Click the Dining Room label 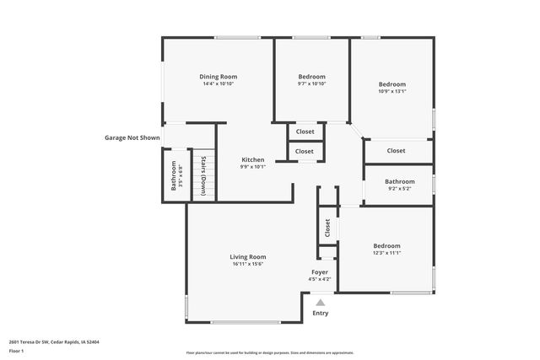tap(218, 77)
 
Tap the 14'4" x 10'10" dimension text tap(218, 84)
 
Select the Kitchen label tap(253, 159)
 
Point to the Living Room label tap(248, 256)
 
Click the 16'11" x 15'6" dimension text tap(248, 264)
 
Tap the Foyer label tap(320, 271)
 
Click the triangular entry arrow tap(320, 302)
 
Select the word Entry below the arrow tap(321, 313)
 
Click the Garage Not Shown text tap(132, 137)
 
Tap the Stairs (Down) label tap(203, 175)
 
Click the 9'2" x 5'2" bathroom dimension tap(400, 189)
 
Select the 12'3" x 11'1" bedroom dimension tap(386, 253)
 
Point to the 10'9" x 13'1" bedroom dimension tap(391, 92)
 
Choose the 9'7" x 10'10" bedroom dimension tap(311, 84)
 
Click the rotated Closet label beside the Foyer tap(327, 228)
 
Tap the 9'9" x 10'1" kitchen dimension tap(253, 167)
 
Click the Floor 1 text tap(16, 350)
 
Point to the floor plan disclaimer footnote tap(269, 352)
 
